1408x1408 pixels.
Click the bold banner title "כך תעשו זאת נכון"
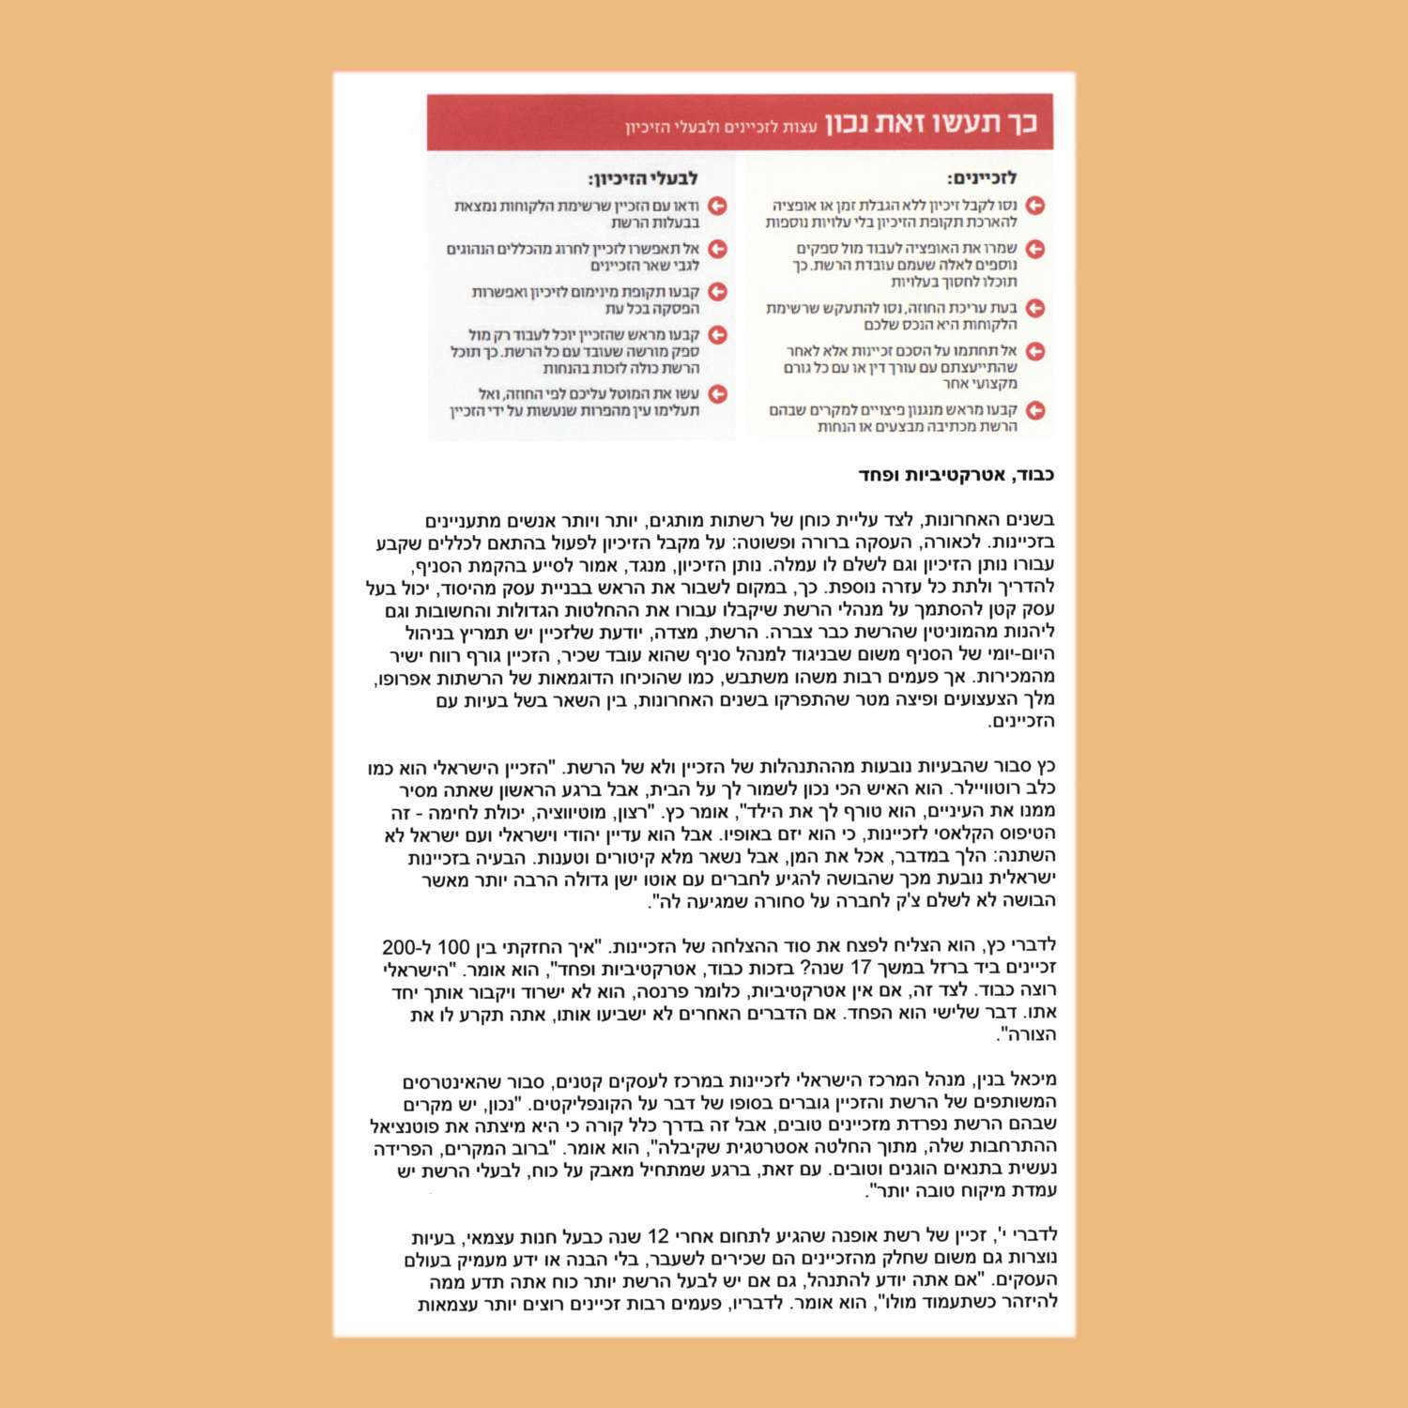coord(931,123)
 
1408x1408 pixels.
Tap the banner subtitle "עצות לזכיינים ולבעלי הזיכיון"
coord(721,127)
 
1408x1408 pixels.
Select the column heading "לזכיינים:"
coord(982,177)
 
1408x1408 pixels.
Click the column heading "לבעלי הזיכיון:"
coord(643,178)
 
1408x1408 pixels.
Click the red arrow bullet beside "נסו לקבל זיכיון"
coord(1035,206)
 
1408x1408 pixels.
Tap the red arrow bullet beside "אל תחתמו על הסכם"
coord(1035,351)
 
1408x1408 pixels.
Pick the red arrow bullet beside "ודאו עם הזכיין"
coord(718,206)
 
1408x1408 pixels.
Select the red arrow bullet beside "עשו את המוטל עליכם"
coord(718,394)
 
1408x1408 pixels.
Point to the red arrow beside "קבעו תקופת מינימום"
coord(718,292)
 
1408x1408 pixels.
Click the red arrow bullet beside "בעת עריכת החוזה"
coord(1035,308)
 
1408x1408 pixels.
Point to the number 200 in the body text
coord(400,947)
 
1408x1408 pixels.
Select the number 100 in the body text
coord(453,947)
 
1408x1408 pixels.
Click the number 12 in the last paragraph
coord(658,1236)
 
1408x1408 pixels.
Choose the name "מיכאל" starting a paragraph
coord(1036,1079)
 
